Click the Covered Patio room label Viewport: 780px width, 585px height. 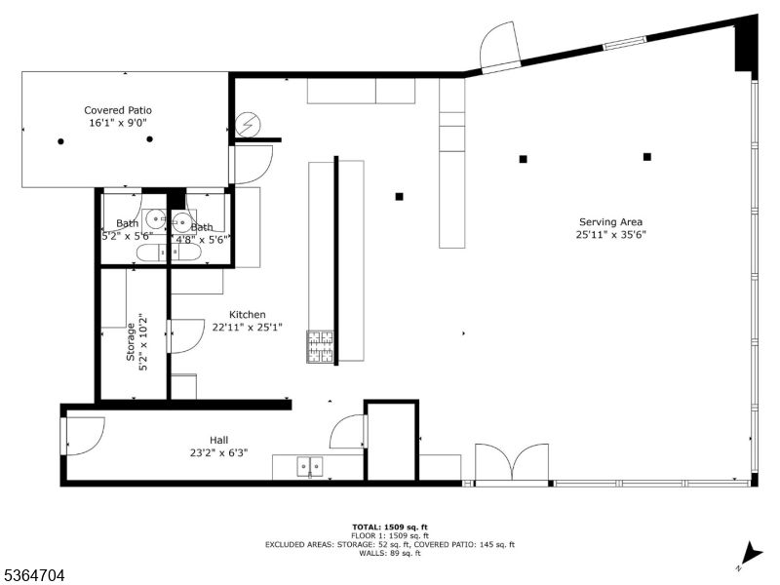[118, 110]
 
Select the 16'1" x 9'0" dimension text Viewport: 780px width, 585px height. [118, 123]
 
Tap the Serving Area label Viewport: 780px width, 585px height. [610, 221]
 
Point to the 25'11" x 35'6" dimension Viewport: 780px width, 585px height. [610, 234]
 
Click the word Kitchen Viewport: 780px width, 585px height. [248, 314]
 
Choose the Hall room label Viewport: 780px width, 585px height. [218, 440]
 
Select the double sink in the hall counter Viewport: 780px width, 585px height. [311, 467]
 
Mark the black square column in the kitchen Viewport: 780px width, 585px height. [399, 196]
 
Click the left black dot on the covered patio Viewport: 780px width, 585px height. [60, 141]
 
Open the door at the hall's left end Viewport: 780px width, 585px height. [84, 434]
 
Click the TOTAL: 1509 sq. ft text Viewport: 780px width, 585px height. [390, 526]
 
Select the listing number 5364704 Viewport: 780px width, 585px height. [34, 576]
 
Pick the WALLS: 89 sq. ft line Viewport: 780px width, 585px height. [390, 554]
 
